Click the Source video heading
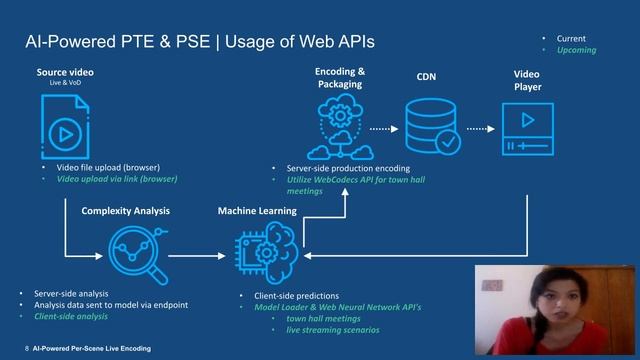64,73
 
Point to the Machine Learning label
257,211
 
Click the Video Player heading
527,80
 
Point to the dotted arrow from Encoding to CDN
384,129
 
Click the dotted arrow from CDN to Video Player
478,129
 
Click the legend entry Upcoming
575,50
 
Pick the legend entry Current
571,38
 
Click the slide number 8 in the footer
26,349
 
